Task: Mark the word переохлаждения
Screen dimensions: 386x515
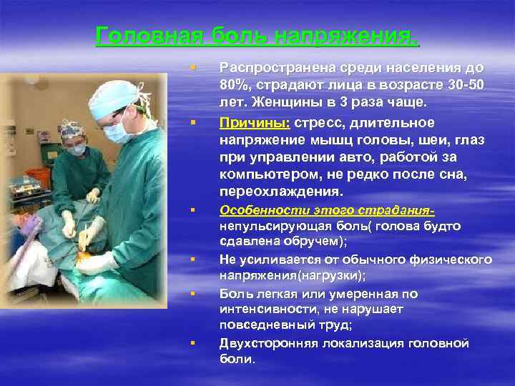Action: coord(281,192)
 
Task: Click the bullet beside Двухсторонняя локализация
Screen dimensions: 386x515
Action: coord(192,344)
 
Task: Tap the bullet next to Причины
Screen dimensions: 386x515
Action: coord(192,122)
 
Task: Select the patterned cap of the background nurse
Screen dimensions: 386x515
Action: coord(72,128)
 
